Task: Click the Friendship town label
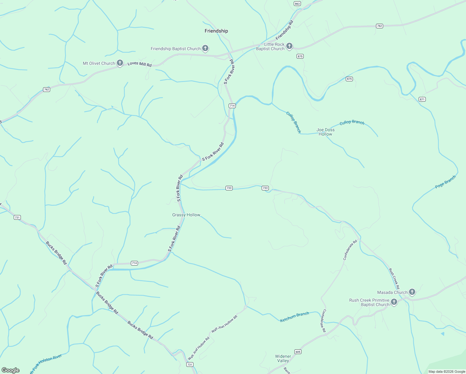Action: pyautogui.click(x=216, y=31)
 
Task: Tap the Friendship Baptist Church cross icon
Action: pyautogui.click(x=205, y=48)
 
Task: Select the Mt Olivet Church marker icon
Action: pyautogui.click(x=120, y=63)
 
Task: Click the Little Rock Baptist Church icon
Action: pyautogui.click(x=289, y=46)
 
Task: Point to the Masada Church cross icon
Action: pyautogui.click(x=412, y=292)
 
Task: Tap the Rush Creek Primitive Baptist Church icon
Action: pyautogui.click(x=394, y=302)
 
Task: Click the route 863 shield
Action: pyautogui.click(x=297, y=3)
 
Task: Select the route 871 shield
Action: pyautogui.click(x=422, y=99)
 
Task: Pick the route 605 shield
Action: pyautogui.click(x=298, y=352)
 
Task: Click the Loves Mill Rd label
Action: pyautogui.click(x=140, y=64)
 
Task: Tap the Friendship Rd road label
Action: pyautogui.click(x=284, y=30)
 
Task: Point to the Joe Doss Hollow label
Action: pyautogui.click(x=326, y=132)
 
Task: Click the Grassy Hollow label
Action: pyautogui.click(x=186, y=215)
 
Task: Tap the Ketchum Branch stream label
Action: pyautogui.click(x=294, y=317)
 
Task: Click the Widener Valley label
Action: pyautogui.click(x=283, y=358)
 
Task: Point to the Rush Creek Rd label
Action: pyautogui.click(x=394, y=278)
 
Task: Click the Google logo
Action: pyautogui.click(x=11, y=370)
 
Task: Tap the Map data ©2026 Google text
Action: pyautogui.click(x=447, y=372)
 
